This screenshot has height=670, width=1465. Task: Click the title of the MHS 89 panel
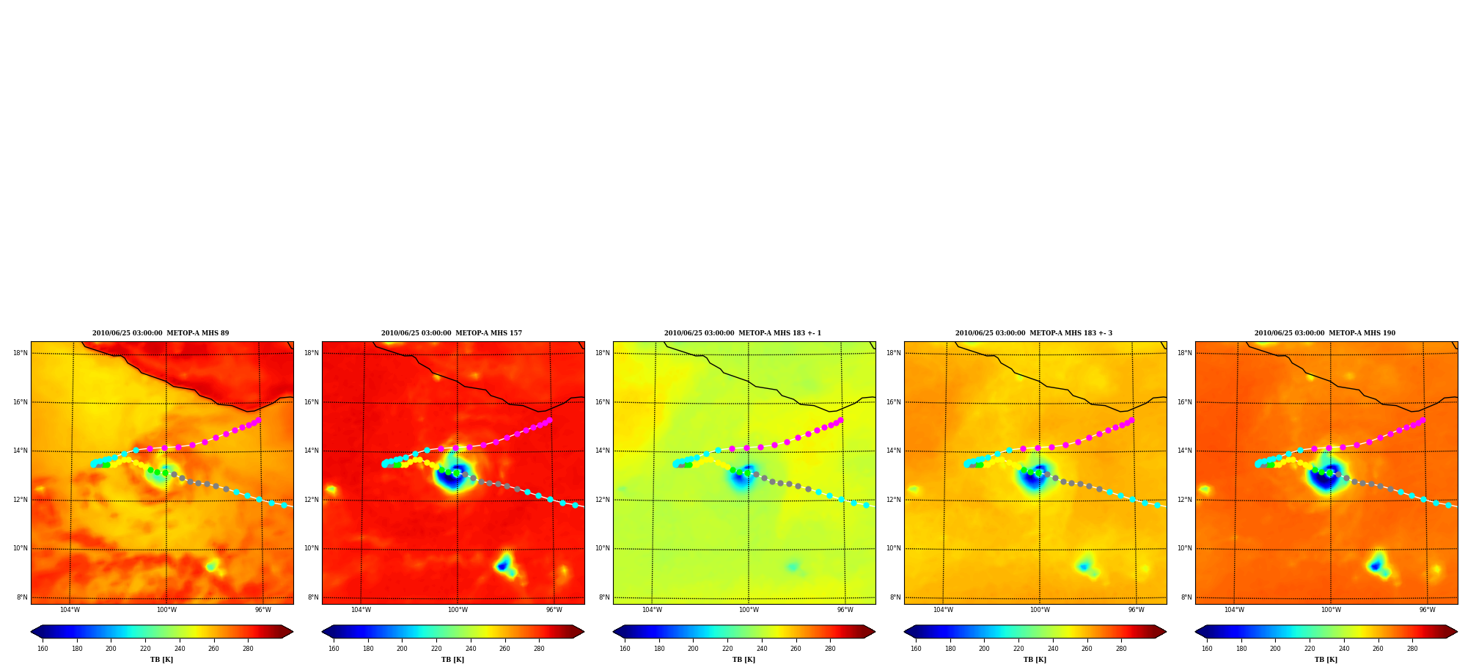point(161,333)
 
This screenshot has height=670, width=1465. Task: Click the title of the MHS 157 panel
point(452,333)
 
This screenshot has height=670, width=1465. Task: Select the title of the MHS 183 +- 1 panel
point(743,333)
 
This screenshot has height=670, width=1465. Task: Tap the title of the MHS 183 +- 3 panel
point(1034,333)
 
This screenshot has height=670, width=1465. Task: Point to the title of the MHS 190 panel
point(1325,333)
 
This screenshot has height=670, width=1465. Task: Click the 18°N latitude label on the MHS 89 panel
point(21,353)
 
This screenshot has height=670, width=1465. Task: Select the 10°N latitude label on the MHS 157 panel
point(312,548)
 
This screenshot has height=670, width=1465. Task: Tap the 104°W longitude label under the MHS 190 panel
point(1234,610)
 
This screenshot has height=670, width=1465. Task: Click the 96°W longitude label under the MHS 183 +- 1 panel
point(845,610)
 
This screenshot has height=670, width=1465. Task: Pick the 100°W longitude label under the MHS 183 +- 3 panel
point(1040,610)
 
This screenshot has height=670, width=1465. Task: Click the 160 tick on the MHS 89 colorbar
point(43,649)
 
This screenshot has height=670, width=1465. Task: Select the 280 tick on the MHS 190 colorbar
point(1412,649)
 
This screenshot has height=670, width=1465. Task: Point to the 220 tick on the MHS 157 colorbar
point(436,649)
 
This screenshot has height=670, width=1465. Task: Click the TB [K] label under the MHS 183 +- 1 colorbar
point(743,660)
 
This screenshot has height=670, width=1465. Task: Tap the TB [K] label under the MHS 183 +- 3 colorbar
point(1035,660)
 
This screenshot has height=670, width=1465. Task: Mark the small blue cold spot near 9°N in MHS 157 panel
point(502,565)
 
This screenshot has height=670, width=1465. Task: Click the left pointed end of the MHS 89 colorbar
point(32,632)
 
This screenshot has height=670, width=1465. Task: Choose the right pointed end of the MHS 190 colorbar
point(1456,632)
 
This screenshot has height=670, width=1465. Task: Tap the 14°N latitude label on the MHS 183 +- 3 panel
point(894,451)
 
